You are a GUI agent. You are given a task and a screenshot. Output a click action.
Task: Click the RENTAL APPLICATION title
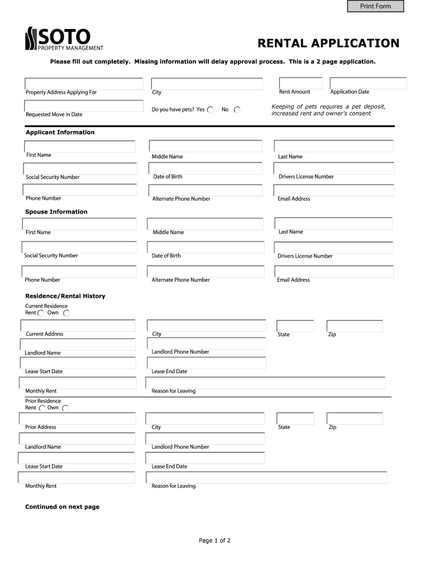click(x=328, y=43)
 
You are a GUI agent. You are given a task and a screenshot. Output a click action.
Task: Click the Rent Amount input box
click(x=301, y=83)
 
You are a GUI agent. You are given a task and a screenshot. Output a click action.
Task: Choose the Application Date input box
click(x=368, y=83)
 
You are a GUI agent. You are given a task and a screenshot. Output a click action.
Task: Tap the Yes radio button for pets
click(x=211, y=110)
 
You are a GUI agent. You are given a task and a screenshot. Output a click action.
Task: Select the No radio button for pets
click(x=237, y=110)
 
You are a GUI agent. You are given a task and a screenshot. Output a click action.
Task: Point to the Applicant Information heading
click(x=60, y=132)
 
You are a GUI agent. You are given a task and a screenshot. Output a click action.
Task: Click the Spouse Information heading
click(x=56, y=212)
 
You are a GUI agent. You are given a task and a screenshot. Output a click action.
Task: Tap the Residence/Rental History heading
click(x=65, y=296)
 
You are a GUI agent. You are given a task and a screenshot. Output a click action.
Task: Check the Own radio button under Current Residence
click(x=66, y=313)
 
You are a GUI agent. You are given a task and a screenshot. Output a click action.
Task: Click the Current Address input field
click(x=79, y=325)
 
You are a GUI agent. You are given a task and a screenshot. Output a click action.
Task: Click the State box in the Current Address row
click(x=295, y=326)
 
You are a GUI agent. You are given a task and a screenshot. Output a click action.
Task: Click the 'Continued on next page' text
click(x=62, y=507)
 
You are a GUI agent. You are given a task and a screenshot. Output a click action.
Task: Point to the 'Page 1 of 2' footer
click(x=214, y=540)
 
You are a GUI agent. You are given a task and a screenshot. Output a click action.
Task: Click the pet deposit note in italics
click(x=328, y=110)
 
